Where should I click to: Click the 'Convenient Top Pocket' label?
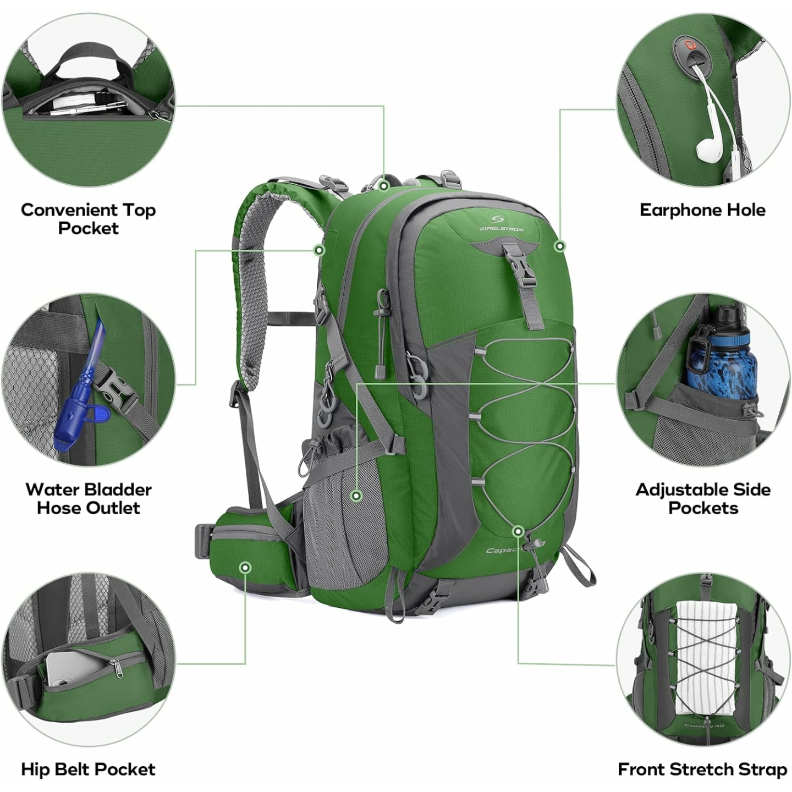click(x=88, y=218)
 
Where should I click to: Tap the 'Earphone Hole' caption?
click(x=702, y=210)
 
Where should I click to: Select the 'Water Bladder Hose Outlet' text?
click(x=88, y=498)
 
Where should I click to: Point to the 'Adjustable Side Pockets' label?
click(x=703, y=498)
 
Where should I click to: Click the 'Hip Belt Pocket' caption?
click(x=88, y=769)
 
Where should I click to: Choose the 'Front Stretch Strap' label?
click(x=702, y=769)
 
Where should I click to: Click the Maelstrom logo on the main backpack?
click(x=501, y=222)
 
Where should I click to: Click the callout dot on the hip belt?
click(x=245, y=567)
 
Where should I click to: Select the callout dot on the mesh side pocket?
click(x=356, y=496)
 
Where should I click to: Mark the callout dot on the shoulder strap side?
click(x=319, y=250)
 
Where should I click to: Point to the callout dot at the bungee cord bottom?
click(x=518, y=531)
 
